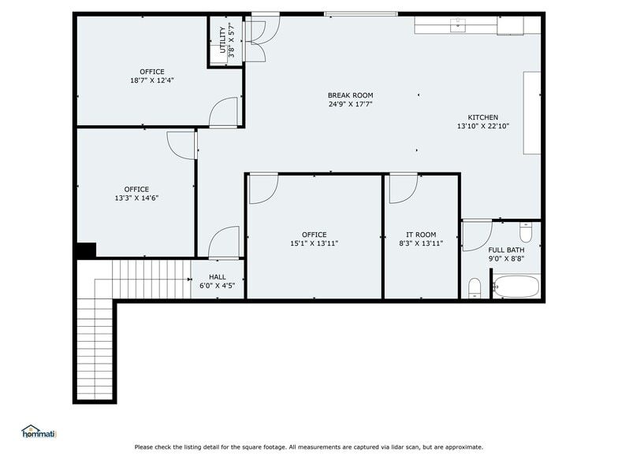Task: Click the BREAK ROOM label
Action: (351, 95)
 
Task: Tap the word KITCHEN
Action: (482, 117)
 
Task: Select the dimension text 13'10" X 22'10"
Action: (482, 126)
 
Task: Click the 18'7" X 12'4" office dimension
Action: (152, 80)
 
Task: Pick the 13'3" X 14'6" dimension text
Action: (136, 198)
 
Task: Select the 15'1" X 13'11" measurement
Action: (314, 243)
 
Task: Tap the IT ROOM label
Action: (421, 235)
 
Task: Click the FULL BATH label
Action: (505, 250)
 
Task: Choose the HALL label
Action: (218, 277)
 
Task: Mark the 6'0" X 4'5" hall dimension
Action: (218, 286)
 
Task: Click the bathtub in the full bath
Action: (516, 286)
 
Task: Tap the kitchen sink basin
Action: (458, 24)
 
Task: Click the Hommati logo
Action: (38, 431)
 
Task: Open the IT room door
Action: (402, 189)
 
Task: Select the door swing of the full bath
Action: (475, 235)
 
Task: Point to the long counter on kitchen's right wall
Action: (532, 113)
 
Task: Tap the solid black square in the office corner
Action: (86, 250)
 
